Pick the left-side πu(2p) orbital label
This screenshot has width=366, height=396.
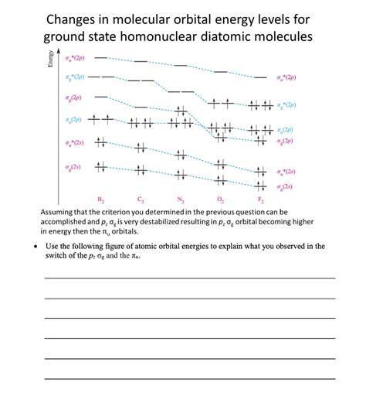pos(74,119)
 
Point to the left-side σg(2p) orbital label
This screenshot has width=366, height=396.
pos(74,97)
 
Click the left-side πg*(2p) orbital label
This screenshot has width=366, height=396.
pos(74,78)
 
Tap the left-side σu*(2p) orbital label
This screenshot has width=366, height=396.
pos(74,59)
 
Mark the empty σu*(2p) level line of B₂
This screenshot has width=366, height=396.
pos(100,58)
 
